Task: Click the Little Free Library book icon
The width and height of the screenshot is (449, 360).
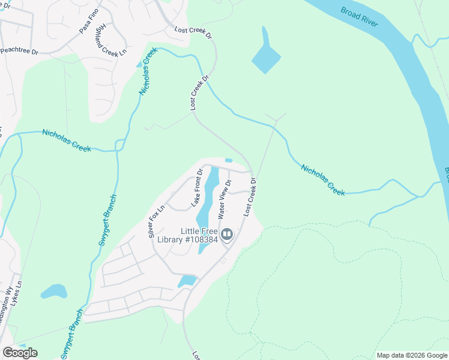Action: coord(227,234)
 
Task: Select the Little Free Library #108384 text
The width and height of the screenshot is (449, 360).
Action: coord(199,236)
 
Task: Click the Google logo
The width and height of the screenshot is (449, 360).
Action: coord(20,352)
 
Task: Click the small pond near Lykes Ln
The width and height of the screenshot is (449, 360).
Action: coord(54,292)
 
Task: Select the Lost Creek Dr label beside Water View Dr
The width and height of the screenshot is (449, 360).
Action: coord(250,197)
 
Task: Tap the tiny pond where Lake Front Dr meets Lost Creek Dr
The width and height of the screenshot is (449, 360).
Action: coord(228,160)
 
